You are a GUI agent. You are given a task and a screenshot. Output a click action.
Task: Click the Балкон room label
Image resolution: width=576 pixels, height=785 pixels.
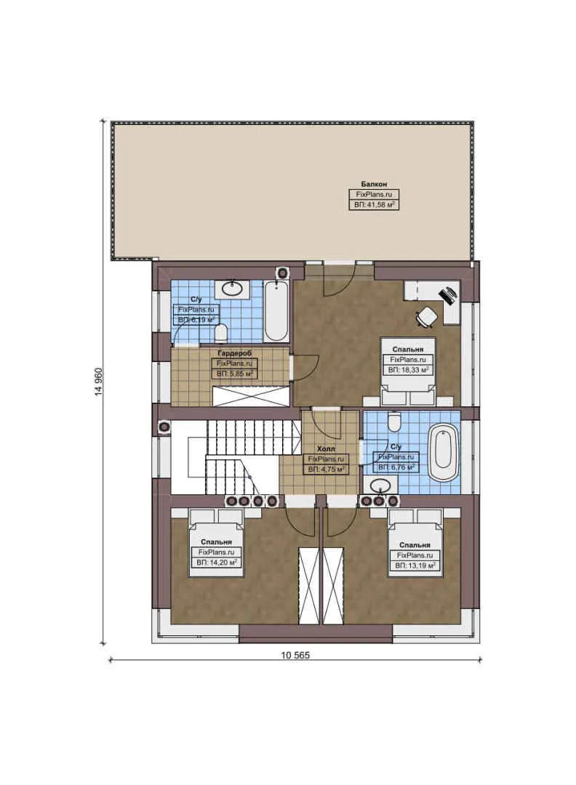click(373, 184)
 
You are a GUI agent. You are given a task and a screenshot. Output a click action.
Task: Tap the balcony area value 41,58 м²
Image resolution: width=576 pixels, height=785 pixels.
click(374, 206)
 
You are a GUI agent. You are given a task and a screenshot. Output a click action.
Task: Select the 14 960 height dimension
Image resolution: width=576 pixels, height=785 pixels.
click(98, 382)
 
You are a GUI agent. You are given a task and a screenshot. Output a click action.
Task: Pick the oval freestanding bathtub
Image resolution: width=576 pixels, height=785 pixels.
click(443, 452)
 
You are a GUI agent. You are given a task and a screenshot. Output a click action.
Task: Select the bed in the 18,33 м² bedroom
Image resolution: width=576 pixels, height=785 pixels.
click(407, 371)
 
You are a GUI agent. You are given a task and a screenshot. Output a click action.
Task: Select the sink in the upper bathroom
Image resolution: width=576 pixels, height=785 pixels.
click(233, 289)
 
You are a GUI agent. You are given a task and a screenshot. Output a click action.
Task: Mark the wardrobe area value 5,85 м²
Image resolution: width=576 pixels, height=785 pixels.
click(233, 373)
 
